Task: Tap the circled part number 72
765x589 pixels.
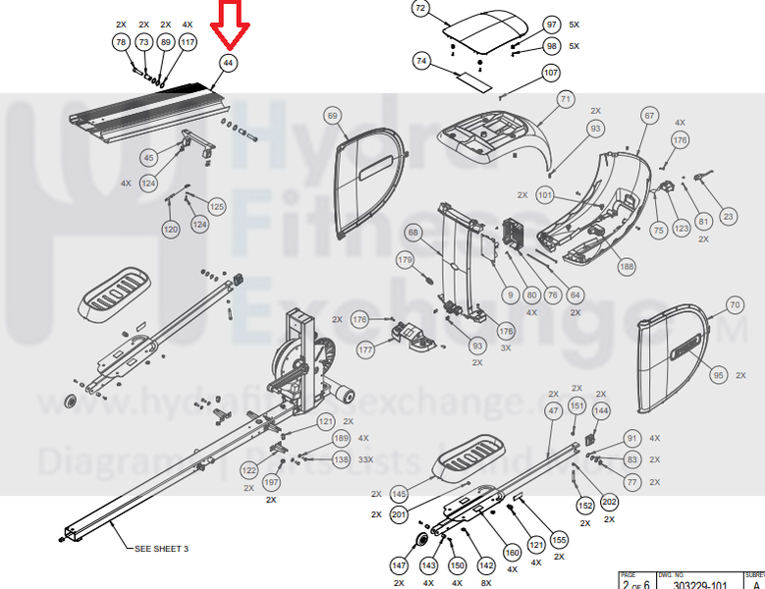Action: (x=420, y=10)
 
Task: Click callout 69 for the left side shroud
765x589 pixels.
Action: (x=332, y=116)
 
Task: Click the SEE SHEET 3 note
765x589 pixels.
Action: (x=161, y=549)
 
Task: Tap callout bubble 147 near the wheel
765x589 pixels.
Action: (x=399, y=566)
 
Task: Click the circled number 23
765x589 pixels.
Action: (x=728, y=217)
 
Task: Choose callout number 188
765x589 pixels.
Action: (x=627, y=264)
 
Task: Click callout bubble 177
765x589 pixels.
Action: (x=365, y=348)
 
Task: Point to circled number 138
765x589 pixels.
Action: (x=341, y=458)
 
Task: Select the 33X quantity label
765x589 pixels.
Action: (x=364, y=459)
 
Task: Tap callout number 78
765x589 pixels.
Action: (x=121, y=42)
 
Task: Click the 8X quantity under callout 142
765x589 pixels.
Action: (x=486, y=583)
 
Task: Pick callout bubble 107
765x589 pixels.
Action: (x=550, y=73)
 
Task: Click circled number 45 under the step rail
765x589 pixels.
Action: (x=149, y=157)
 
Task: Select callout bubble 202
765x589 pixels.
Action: (x=610, y=502)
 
